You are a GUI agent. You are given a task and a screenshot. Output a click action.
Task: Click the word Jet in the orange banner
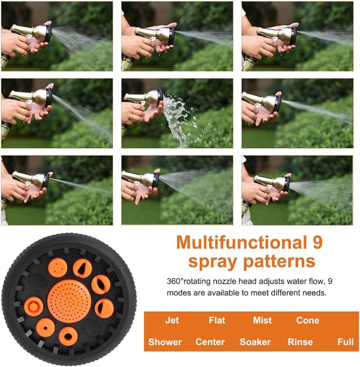(172, 320)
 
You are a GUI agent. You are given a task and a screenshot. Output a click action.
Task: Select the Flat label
(217, 320)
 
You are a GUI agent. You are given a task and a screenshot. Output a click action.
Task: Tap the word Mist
(262, 320)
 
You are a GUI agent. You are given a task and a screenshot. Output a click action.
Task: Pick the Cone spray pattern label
(308, 320)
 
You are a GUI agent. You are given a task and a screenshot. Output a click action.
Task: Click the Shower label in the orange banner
(165, 342)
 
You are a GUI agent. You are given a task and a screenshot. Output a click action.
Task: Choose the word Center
(210, 342)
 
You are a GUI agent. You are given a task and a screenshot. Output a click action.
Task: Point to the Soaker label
(256, 342)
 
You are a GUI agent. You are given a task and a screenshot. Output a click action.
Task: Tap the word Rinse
(300, 342)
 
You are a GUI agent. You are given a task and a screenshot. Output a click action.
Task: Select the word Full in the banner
(346, 342)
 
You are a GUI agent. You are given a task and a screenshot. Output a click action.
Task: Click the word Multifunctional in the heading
(239, 242)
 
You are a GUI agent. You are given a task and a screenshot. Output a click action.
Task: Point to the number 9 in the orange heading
(317, 242)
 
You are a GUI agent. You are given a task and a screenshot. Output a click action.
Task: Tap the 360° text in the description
(175, 281)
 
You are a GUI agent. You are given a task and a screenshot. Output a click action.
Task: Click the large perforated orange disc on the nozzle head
(69, 302)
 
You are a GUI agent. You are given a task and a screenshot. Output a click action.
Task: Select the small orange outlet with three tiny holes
(58, 268)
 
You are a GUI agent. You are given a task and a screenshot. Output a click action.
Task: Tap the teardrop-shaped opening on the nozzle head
(82, 269)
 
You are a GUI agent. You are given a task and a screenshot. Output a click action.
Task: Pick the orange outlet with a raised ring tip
(34, 306)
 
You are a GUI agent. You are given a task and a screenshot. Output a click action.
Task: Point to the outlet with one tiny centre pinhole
(46, 327)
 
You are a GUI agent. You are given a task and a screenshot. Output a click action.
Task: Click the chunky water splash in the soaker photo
(178, 119)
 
